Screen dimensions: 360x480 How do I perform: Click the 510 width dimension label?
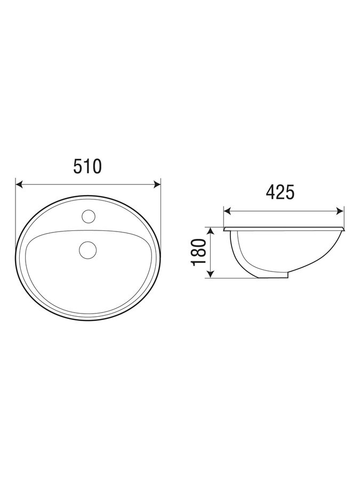(x=87, y=166)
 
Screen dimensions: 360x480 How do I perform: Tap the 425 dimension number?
(x=280, y=193)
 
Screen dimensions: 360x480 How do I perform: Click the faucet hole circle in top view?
(x=89, y=216)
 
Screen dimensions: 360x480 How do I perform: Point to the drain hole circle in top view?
(x=87, y=250)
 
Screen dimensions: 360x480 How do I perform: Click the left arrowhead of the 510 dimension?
(x=19, y=185)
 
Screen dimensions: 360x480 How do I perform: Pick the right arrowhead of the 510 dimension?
(x=157, y=185)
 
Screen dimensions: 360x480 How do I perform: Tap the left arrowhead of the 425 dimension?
(x=227, y=211)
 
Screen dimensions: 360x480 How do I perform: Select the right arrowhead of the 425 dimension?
(x=340, y=211)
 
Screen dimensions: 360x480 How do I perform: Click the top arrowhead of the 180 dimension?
(x=210, y=231)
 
